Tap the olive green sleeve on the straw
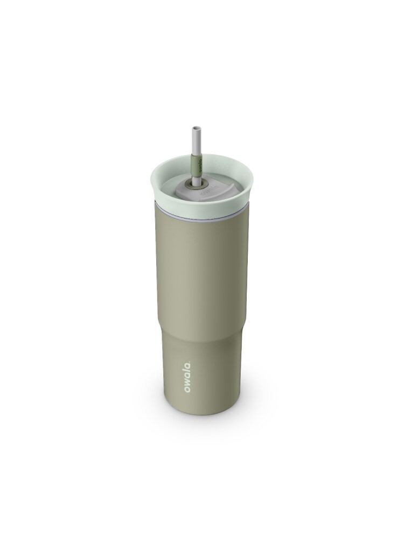(196, 167)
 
